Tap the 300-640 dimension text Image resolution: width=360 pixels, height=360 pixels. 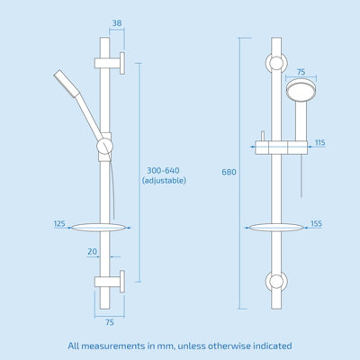164,168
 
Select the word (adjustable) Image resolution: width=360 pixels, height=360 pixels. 164,181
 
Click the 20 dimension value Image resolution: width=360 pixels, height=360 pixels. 93,252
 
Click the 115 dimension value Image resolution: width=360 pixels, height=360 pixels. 320,143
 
